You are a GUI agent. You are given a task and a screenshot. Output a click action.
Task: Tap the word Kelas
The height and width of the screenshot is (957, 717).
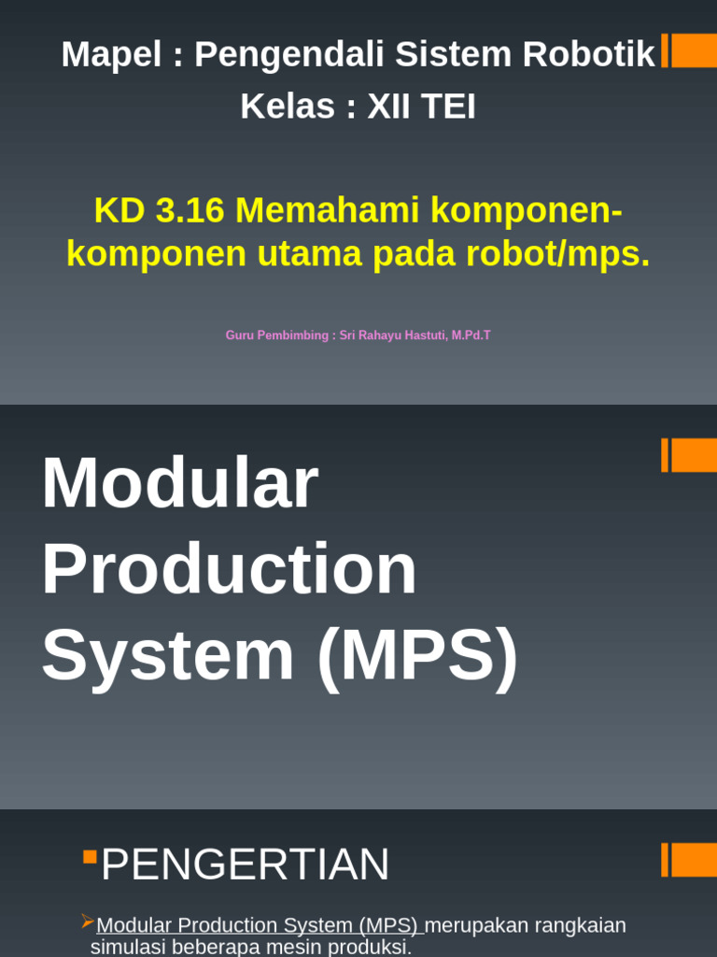(287, 107)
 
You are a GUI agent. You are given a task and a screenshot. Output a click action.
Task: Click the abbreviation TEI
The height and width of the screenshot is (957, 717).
(448, 107)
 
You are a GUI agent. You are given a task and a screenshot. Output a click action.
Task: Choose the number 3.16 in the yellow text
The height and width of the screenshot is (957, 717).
(190, 210)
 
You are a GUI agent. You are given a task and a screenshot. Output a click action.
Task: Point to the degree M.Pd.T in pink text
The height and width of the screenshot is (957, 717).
(471, 335)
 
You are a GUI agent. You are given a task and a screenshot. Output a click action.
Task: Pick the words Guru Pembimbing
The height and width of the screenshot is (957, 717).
(275, 335)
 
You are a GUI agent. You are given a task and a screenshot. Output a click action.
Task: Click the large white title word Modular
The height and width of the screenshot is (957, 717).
(179, 483)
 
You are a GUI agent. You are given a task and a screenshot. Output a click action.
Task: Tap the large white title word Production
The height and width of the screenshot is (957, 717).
(229, 568)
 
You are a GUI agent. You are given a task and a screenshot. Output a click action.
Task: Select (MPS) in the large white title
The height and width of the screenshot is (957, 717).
(416, 654)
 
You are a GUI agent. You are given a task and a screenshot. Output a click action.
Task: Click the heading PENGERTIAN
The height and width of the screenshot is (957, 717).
(245, 864)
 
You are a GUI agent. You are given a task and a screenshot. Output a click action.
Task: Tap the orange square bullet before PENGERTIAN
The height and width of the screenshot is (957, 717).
(90, 856)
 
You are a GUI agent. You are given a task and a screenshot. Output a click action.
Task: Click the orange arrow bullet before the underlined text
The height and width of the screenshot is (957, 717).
(88, 921)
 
